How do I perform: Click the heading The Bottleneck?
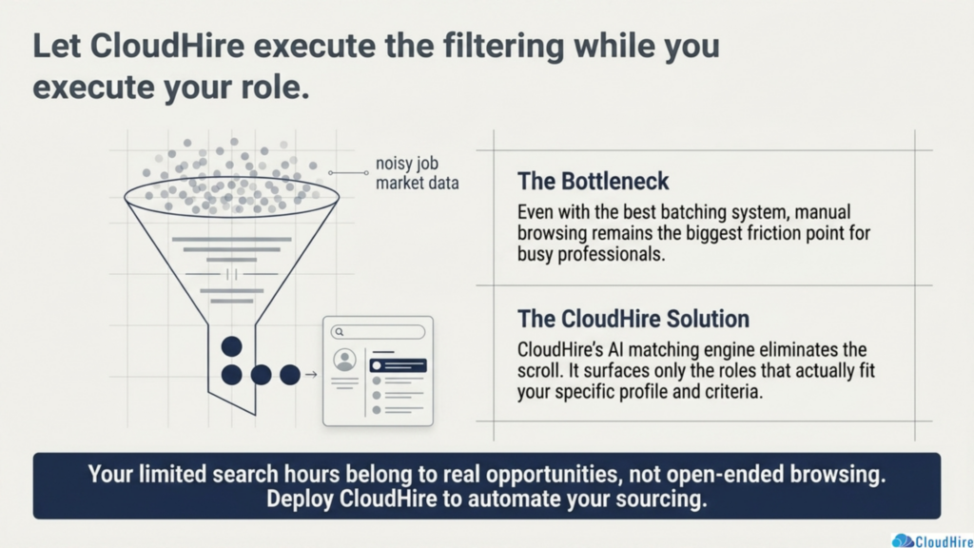(x=593, y=182)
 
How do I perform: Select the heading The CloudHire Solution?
(x=633, y=319)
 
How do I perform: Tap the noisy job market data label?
(x=417, y=173)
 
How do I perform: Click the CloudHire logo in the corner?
(x=932, y=540)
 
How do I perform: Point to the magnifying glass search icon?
(x=340, y=332)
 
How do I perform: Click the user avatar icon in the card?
(x=344, y=360)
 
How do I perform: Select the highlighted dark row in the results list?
(x=399, y=365)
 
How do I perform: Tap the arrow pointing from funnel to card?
(x=311, y=375)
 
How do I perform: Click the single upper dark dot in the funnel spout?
(x=232, y=346)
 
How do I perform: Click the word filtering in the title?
(x=503, y=46)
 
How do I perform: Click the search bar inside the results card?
(x=378, y=332)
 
